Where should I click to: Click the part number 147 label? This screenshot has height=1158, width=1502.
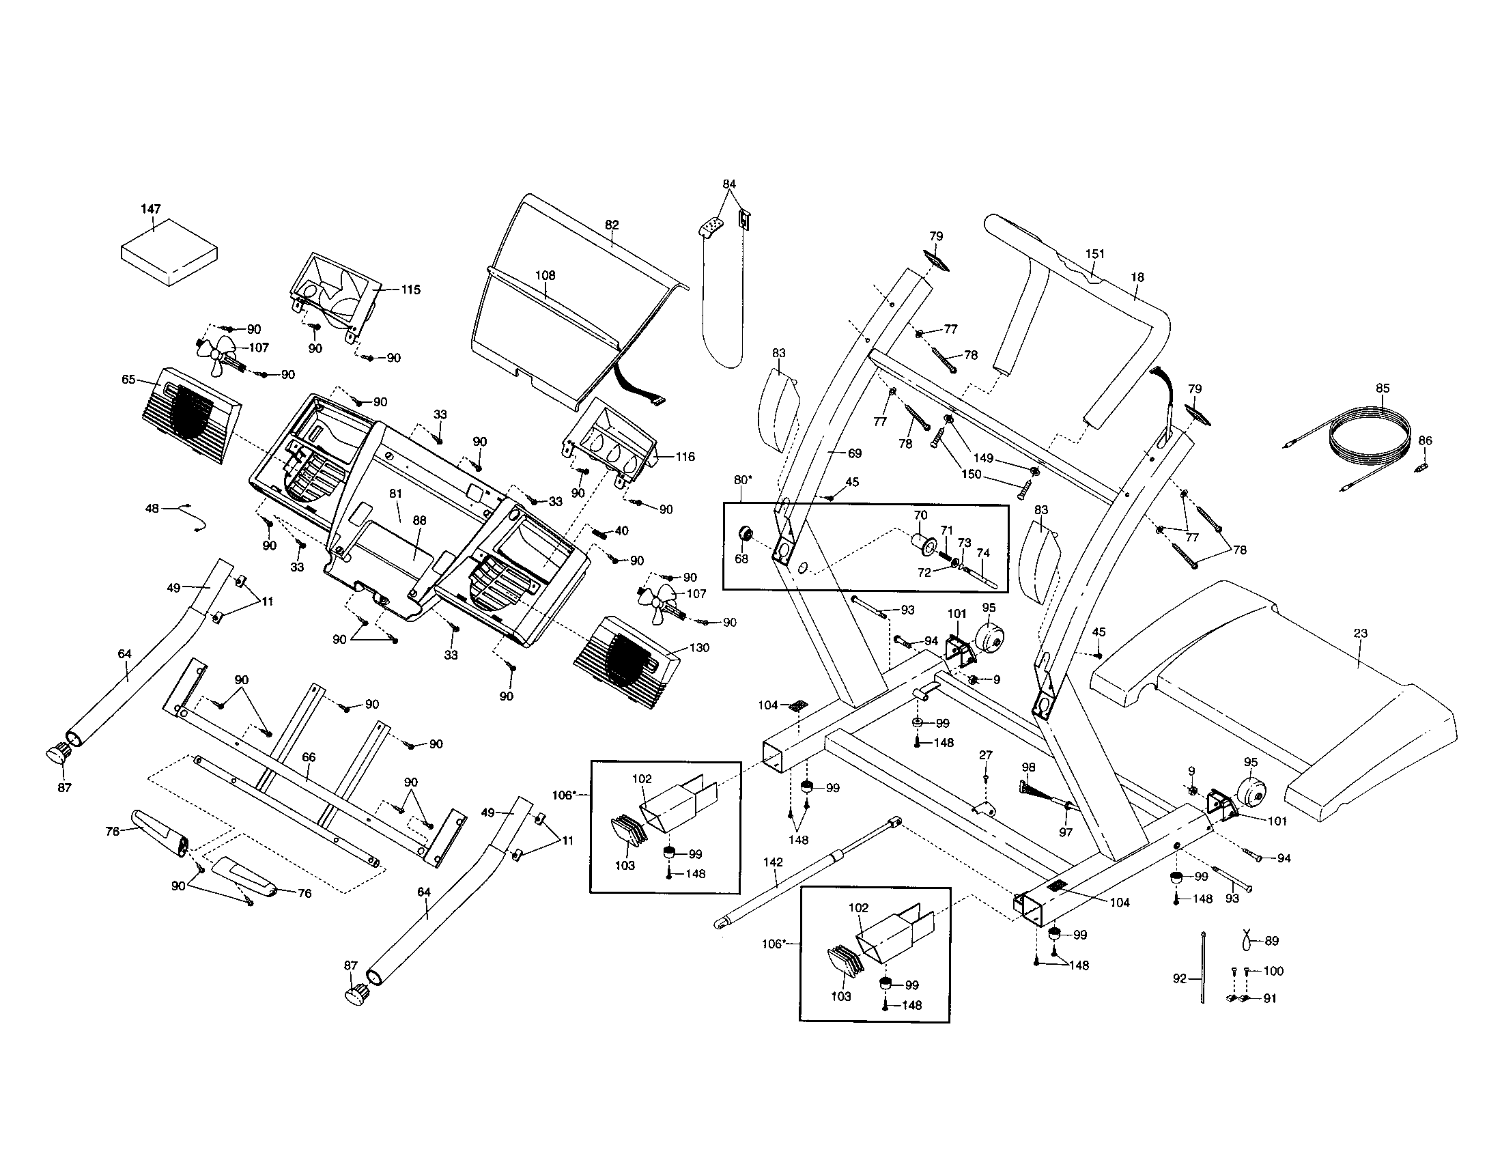point(151,209)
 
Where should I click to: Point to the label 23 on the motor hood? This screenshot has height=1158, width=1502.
point(1360,634)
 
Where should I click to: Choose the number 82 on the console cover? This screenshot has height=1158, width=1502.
point(612,225)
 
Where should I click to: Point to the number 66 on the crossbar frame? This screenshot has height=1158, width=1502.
point(309,757)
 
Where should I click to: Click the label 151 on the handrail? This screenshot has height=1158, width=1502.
point(1095,254)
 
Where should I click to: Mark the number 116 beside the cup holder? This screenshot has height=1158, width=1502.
point(685,456)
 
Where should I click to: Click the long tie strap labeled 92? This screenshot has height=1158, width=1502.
point(1203,968)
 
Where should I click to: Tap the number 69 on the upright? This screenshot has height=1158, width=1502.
point(854,453)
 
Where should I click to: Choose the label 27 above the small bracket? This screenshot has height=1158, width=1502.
point(985,755)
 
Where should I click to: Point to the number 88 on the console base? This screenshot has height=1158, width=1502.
point(419,520)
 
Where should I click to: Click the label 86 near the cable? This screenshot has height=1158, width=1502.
point(1425,441)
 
